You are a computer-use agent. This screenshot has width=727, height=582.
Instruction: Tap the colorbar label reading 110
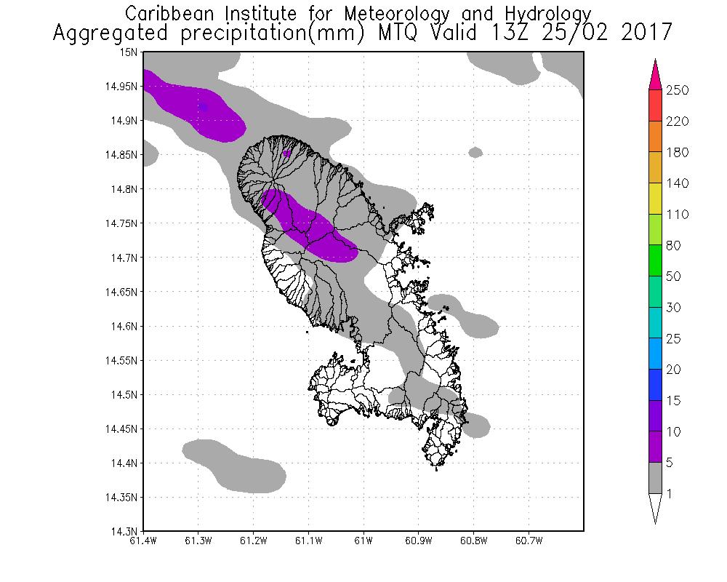pyautogui.click(x=677, y=215)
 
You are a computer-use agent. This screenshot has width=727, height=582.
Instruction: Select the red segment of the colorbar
pyautogui.click(x=654, y=105)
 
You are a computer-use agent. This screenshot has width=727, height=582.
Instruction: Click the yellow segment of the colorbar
pyautogui.click(x=654, y=199)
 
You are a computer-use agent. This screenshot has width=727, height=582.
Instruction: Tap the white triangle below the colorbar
pyautogui.click(x=654, y=508)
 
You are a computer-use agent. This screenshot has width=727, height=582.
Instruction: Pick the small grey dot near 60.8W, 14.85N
pyautogui.click(x=475, y=152)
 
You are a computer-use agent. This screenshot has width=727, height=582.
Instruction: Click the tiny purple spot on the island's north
pyautogui.click(x=286, y=154)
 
